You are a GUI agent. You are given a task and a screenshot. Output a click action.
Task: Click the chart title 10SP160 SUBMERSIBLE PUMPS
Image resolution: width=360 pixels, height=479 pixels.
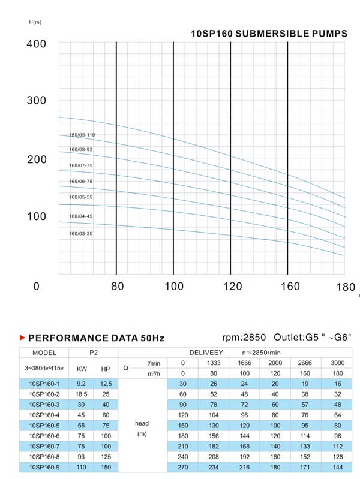pyautogui.click(x=269, y=34)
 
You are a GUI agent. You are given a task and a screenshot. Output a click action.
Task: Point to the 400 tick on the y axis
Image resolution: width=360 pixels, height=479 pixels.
pyautogui.click(x=37, y=44)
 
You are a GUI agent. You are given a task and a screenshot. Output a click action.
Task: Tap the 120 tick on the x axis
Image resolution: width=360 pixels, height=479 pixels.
pyautogui.click(x=230, y=287)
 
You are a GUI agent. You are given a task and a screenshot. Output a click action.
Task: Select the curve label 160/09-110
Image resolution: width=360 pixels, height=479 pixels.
pyautogui.click(x=82, y=135)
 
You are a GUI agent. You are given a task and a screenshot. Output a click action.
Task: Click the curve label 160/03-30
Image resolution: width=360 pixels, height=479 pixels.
pyautogui.click(x=81, y=234)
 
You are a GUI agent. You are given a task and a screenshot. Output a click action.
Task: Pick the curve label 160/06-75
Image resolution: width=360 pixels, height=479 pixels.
pyautogui.click(x=81, y=182)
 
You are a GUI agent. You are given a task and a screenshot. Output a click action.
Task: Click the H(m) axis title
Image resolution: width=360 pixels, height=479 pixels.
pyautogui.click(x=35, y=22)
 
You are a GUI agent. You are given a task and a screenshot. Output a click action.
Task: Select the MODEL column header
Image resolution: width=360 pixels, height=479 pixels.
pyautogui.click(x=44, y=353)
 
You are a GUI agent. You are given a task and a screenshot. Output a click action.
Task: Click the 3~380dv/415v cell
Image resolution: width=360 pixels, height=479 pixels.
pyautogui.click(x=44, y=367)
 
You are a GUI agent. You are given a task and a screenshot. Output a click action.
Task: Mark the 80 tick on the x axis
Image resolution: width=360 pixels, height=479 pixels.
pyautogui.click(x=117, y=287)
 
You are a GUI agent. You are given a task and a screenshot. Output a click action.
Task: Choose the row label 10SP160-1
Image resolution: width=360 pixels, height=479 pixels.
pyautogui.click(x=44, y=383)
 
